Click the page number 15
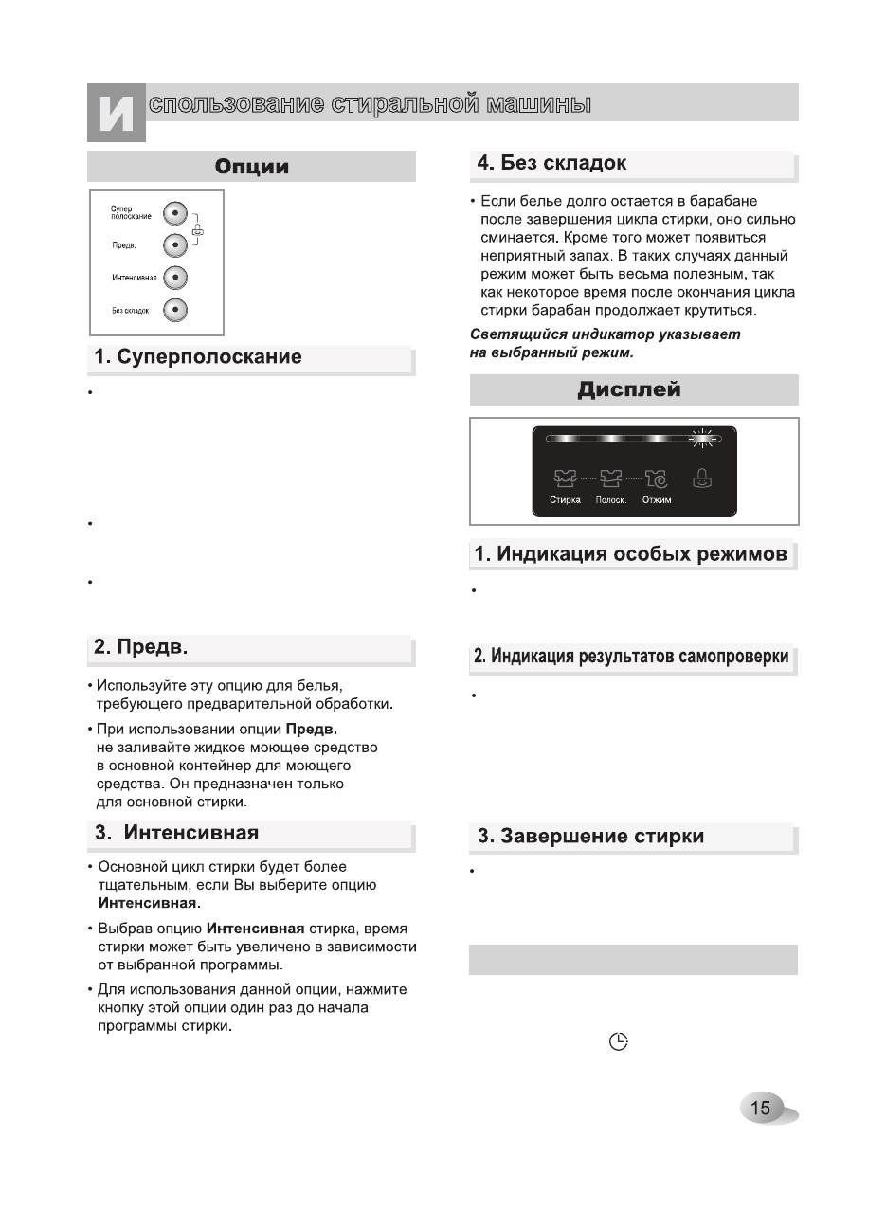[761, 1108]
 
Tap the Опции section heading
[251, 167]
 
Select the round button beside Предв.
[174, 245]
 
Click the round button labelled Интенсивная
[174, 278]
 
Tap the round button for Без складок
[174, 310]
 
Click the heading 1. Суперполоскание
[198, 357]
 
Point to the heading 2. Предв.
[141, 648]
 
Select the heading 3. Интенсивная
[177, 833]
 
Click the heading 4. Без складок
[551, 163]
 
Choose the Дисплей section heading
[629, 389]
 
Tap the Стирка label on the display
[565, 500]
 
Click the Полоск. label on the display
[611, 500]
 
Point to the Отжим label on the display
[657, 500]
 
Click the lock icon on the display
[701, 478]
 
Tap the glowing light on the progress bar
[701, 439]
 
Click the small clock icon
[618, 1042]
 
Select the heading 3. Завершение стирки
[590, 836]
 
